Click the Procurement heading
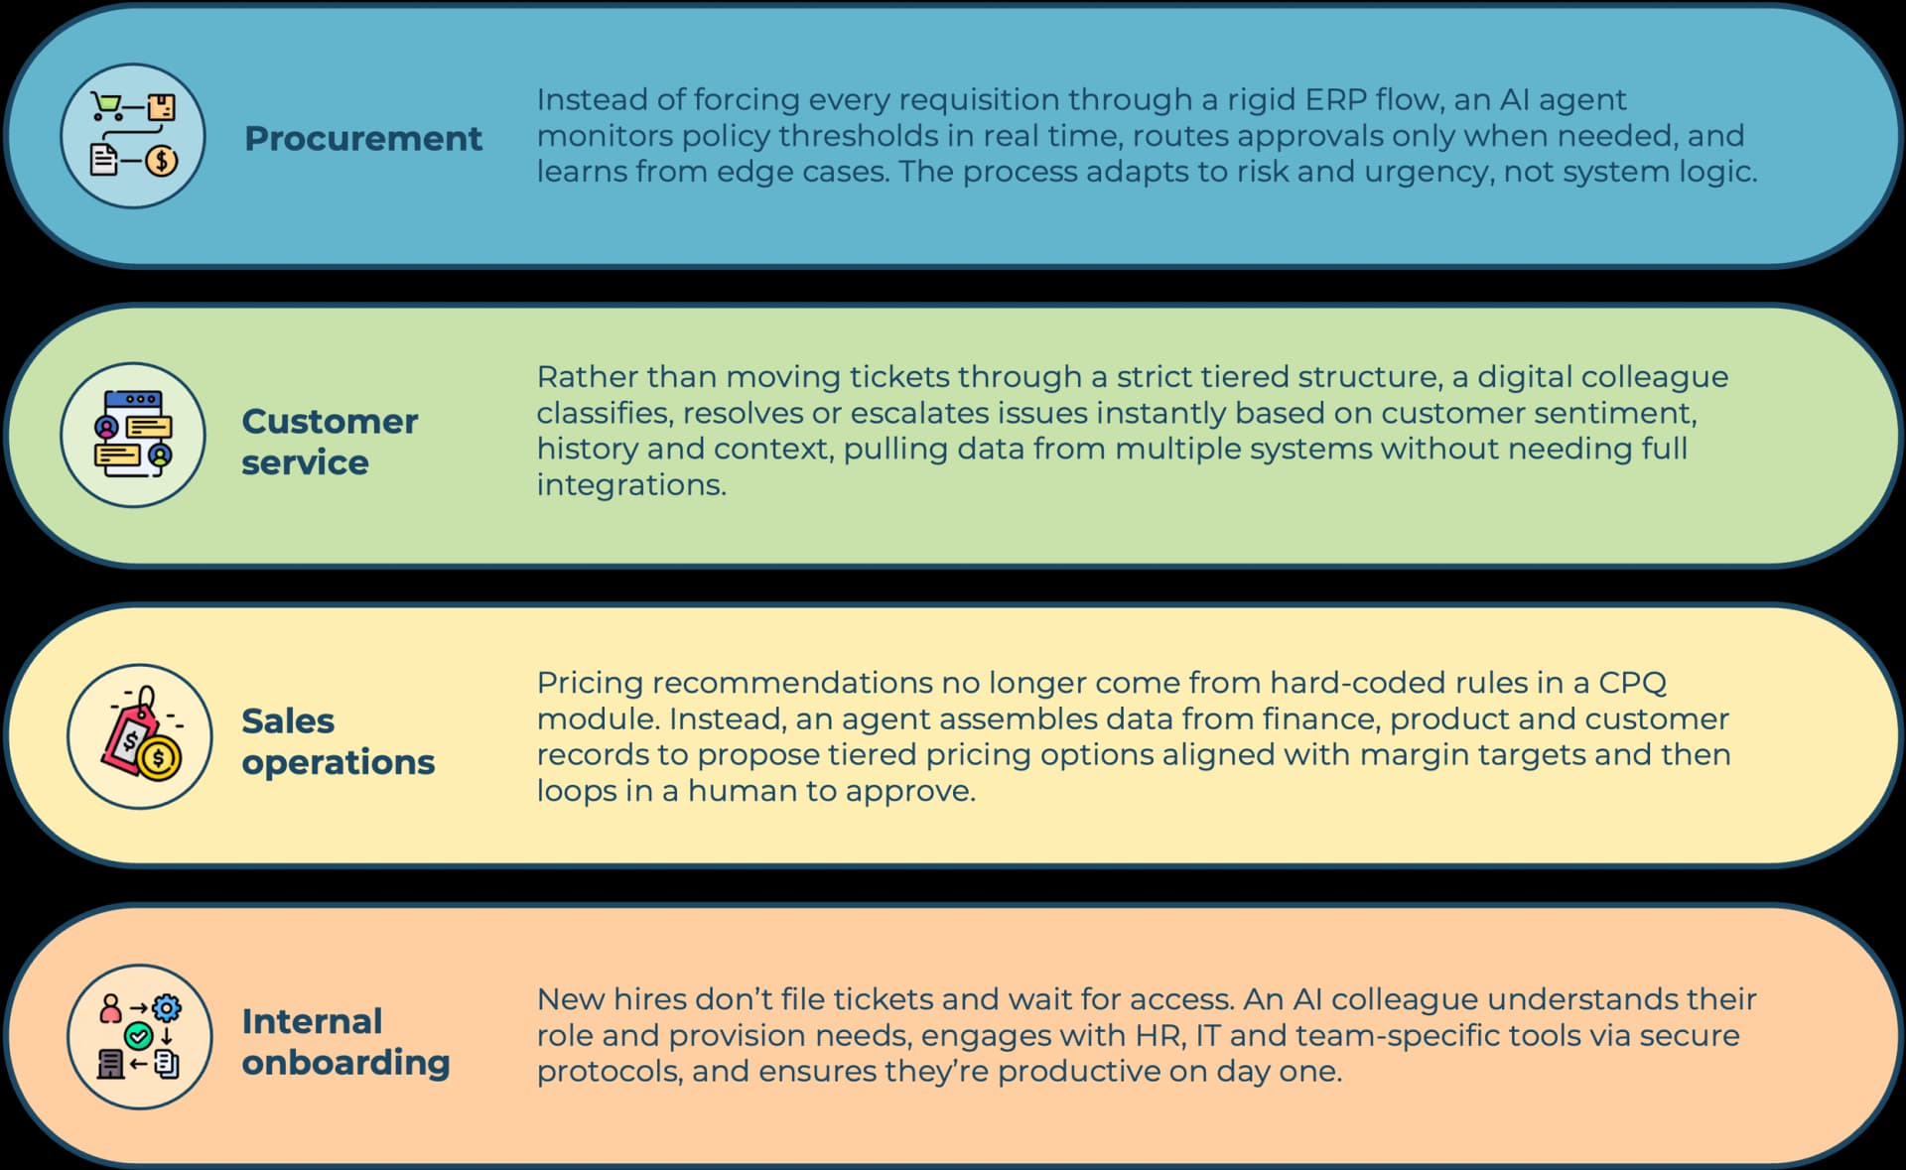point(363,138)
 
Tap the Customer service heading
point(330,442)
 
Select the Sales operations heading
point(338,740)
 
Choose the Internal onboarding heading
point(345,1041)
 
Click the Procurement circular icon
point(133,136)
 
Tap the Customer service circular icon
point(133,435)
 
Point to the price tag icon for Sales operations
point(140,736)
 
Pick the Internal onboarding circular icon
point(140,1037)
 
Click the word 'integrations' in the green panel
point(630,485)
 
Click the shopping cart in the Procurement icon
point(106,105)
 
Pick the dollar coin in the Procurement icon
point(162,160)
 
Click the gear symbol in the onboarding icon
point(167,1009)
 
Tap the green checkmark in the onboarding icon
point(138,1037)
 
